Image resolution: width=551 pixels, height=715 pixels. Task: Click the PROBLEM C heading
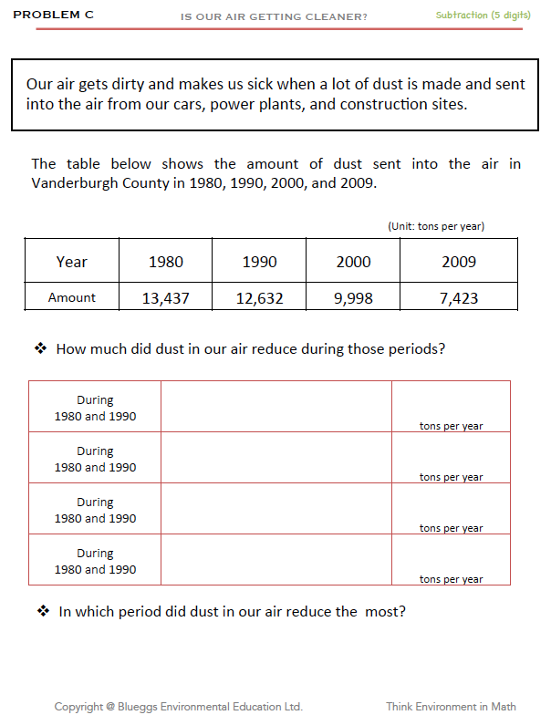(53, 16)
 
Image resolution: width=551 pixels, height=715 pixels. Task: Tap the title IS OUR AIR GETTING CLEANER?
(275, 16)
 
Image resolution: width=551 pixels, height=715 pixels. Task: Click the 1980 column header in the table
(165, 262)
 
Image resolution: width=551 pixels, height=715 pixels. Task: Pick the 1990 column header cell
(259, 262)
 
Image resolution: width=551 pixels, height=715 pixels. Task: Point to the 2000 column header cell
(353, 262)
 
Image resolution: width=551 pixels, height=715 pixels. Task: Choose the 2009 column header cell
(459, 262)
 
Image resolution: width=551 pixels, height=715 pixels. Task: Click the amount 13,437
(165, 298)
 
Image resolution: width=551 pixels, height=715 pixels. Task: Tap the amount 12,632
(259, 298)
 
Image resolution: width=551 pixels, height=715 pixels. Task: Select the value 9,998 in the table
(353, 298)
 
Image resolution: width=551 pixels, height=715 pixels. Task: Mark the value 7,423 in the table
(459, 298)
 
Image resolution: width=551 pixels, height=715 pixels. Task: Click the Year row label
(71, 262)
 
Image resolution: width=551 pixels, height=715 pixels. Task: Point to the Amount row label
(71, 298)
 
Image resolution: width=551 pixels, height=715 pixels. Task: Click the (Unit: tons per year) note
(436, 226)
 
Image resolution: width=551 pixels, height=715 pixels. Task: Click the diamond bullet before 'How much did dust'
(40, 348)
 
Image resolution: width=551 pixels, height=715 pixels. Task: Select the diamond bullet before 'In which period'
(42, 611)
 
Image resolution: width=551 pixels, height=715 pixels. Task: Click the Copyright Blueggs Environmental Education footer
(178, 706)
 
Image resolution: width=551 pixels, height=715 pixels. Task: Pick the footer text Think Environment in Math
(451, 706)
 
